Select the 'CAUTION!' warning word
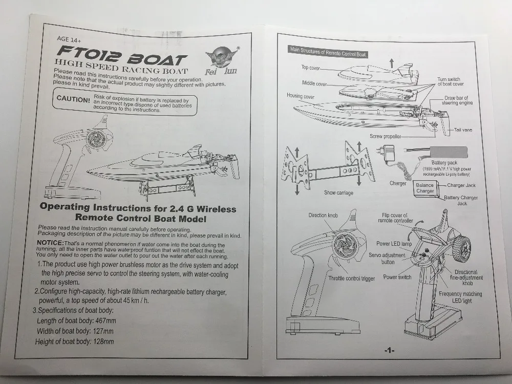coord(73,99)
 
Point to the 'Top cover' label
coord(312,68)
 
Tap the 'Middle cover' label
coord(314,83)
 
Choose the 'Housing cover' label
coord(301,96)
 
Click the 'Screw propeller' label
coord(386,136)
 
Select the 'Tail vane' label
coord(463,130)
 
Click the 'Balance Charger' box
coord(424,188)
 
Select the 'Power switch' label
coord(397,278)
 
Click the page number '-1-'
coord(389,350)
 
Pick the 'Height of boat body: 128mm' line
coord(74,342)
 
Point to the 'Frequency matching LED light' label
coord(460,297)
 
